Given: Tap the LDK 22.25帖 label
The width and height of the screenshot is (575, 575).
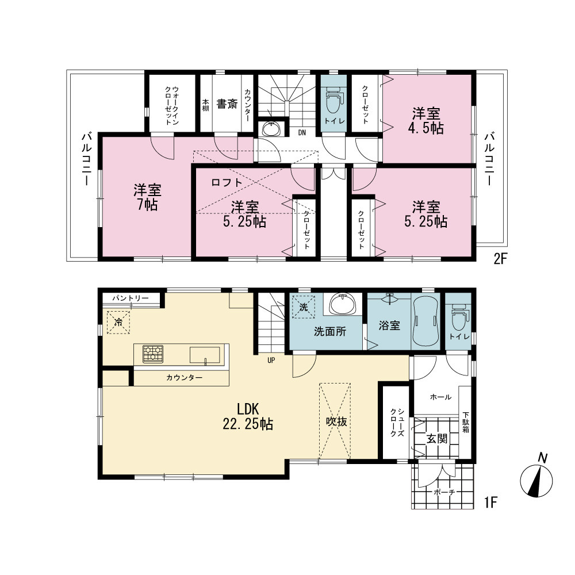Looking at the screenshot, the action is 248,416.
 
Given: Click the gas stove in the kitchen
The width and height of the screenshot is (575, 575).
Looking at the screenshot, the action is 153,354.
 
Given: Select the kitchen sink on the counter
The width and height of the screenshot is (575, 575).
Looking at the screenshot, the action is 205,355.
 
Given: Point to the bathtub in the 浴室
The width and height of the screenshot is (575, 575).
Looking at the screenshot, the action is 425,321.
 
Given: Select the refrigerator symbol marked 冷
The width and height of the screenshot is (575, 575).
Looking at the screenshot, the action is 118,323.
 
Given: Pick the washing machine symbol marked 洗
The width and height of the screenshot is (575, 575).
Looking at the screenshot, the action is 303,307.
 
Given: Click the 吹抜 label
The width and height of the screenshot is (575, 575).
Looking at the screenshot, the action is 336,421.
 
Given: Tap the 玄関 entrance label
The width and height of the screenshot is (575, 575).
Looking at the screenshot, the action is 437,438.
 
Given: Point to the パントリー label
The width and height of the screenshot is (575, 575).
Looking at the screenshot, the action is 131,298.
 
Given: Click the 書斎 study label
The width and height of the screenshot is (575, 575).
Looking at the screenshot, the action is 227,104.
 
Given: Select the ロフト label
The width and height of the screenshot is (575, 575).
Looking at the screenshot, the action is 227,182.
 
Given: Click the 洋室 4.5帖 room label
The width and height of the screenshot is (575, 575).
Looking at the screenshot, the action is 425,121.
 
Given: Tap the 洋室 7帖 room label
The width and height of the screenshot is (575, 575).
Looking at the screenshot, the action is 147,198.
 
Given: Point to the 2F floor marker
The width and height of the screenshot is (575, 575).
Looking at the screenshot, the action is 500,260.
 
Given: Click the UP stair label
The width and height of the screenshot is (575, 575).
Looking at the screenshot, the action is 271,360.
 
